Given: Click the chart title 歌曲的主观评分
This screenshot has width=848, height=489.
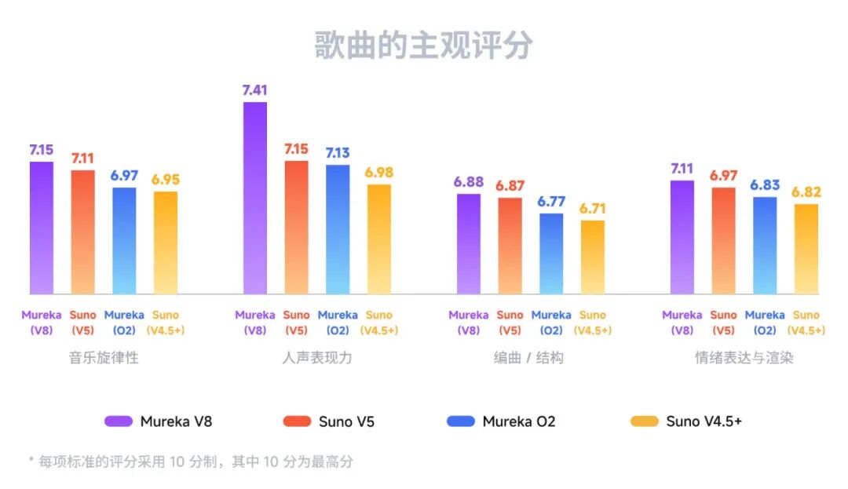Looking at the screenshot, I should pyautogui.click(x=423, y=45).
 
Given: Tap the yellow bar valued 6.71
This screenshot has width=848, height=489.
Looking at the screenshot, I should pyautogui.click(x=593, y=257).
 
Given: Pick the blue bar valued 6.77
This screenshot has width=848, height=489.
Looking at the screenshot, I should pyautogui.click(x=551, y=254).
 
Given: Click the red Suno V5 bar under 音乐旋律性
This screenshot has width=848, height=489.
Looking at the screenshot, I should pyautogui.click(x=82, y=232).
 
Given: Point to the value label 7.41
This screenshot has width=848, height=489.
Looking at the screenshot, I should pyautogui.click(x=254, y=89).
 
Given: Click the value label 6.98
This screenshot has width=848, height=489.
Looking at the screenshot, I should pyautogui.click(x=378, y=173).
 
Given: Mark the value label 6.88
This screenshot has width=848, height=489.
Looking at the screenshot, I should pyautogui.click(x=469, y=182).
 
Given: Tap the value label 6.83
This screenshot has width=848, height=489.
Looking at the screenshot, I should pyautogui.click(x=765, y=185).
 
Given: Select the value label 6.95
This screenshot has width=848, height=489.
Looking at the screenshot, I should pyautogui.click(x=166, y=180).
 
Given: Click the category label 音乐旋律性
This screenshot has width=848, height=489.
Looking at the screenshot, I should pyautogui.click(x=104, y=358).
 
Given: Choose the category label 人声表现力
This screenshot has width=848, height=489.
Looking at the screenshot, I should pyautogui.click(x=317, y=358).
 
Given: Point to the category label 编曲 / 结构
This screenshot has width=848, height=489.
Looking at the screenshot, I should pyautogui.click(x=528, y=358).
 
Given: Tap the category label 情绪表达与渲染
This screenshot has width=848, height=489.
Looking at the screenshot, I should pyautogui.click(x=744, y=358).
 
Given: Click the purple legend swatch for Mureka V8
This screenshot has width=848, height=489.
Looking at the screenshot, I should pyautogui.click(x=119, y=421).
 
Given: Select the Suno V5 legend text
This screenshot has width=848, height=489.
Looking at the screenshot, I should pyautogui.click(x=346, y=421).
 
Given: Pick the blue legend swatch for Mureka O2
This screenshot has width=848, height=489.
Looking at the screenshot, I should pyautogui.click(x=461, y=421).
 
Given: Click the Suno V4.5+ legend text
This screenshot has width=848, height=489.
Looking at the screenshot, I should pyautogui.click(x=704, y=421).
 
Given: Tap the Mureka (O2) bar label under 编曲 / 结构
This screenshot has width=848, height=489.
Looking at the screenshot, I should pyautogui.click(x=551, y=323).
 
